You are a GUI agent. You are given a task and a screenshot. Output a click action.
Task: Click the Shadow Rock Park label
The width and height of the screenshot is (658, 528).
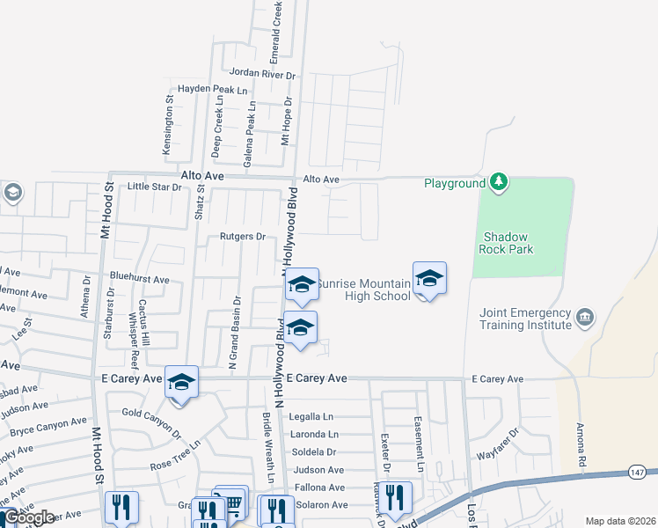tap(509, 243)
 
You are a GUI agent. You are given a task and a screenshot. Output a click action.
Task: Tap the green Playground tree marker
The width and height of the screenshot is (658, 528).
tap(499, 182)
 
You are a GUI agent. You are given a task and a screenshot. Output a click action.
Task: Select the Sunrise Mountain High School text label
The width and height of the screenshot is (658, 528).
tap(363, 290)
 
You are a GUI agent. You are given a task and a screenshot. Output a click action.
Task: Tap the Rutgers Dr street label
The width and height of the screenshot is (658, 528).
tap(237, 237)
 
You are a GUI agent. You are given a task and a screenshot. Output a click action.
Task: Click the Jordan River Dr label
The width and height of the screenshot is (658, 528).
tap(261, 76)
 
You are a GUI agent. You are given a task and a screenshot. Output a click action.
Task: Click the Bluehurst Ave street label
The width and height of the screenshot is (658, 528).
tap(139, 279)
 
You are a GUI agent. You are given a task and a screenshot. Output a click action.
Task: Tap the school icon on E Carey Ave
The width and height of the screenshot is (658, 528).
tap(181, 382)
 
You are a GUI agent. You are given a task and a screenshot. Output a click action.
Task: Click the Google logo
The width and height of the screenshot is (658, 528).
tap(29, 517)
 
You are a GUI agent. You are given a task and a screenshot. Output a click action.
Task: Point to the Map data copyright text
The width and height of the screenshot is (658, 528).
tap(619, 521)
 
